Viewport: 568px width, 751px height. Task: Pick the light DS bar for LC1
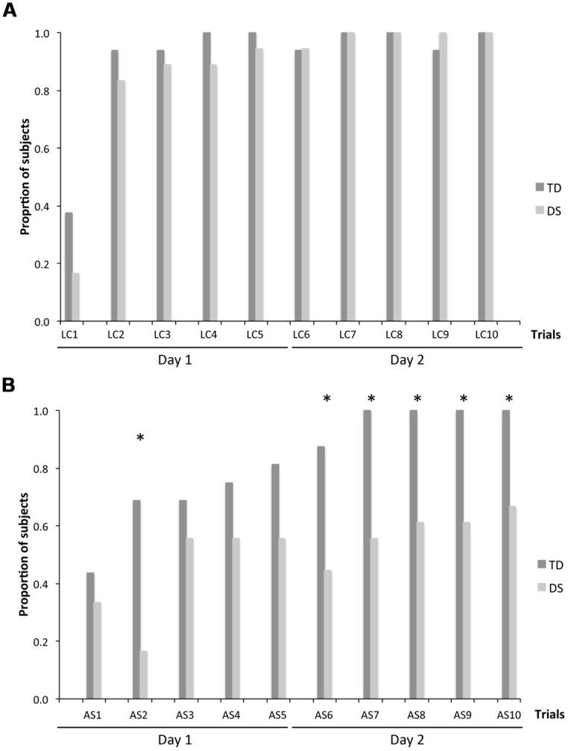76,297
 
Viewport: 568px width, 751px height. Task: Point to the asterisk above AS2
140,439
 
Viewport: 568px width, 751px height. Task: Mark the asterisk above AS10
510,399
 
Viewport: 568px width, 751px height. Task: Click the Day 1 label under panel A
172,360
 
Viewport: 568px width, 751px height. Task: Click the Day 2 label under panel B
404,739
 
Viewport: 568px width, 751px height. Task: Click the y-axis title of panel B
25,556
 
